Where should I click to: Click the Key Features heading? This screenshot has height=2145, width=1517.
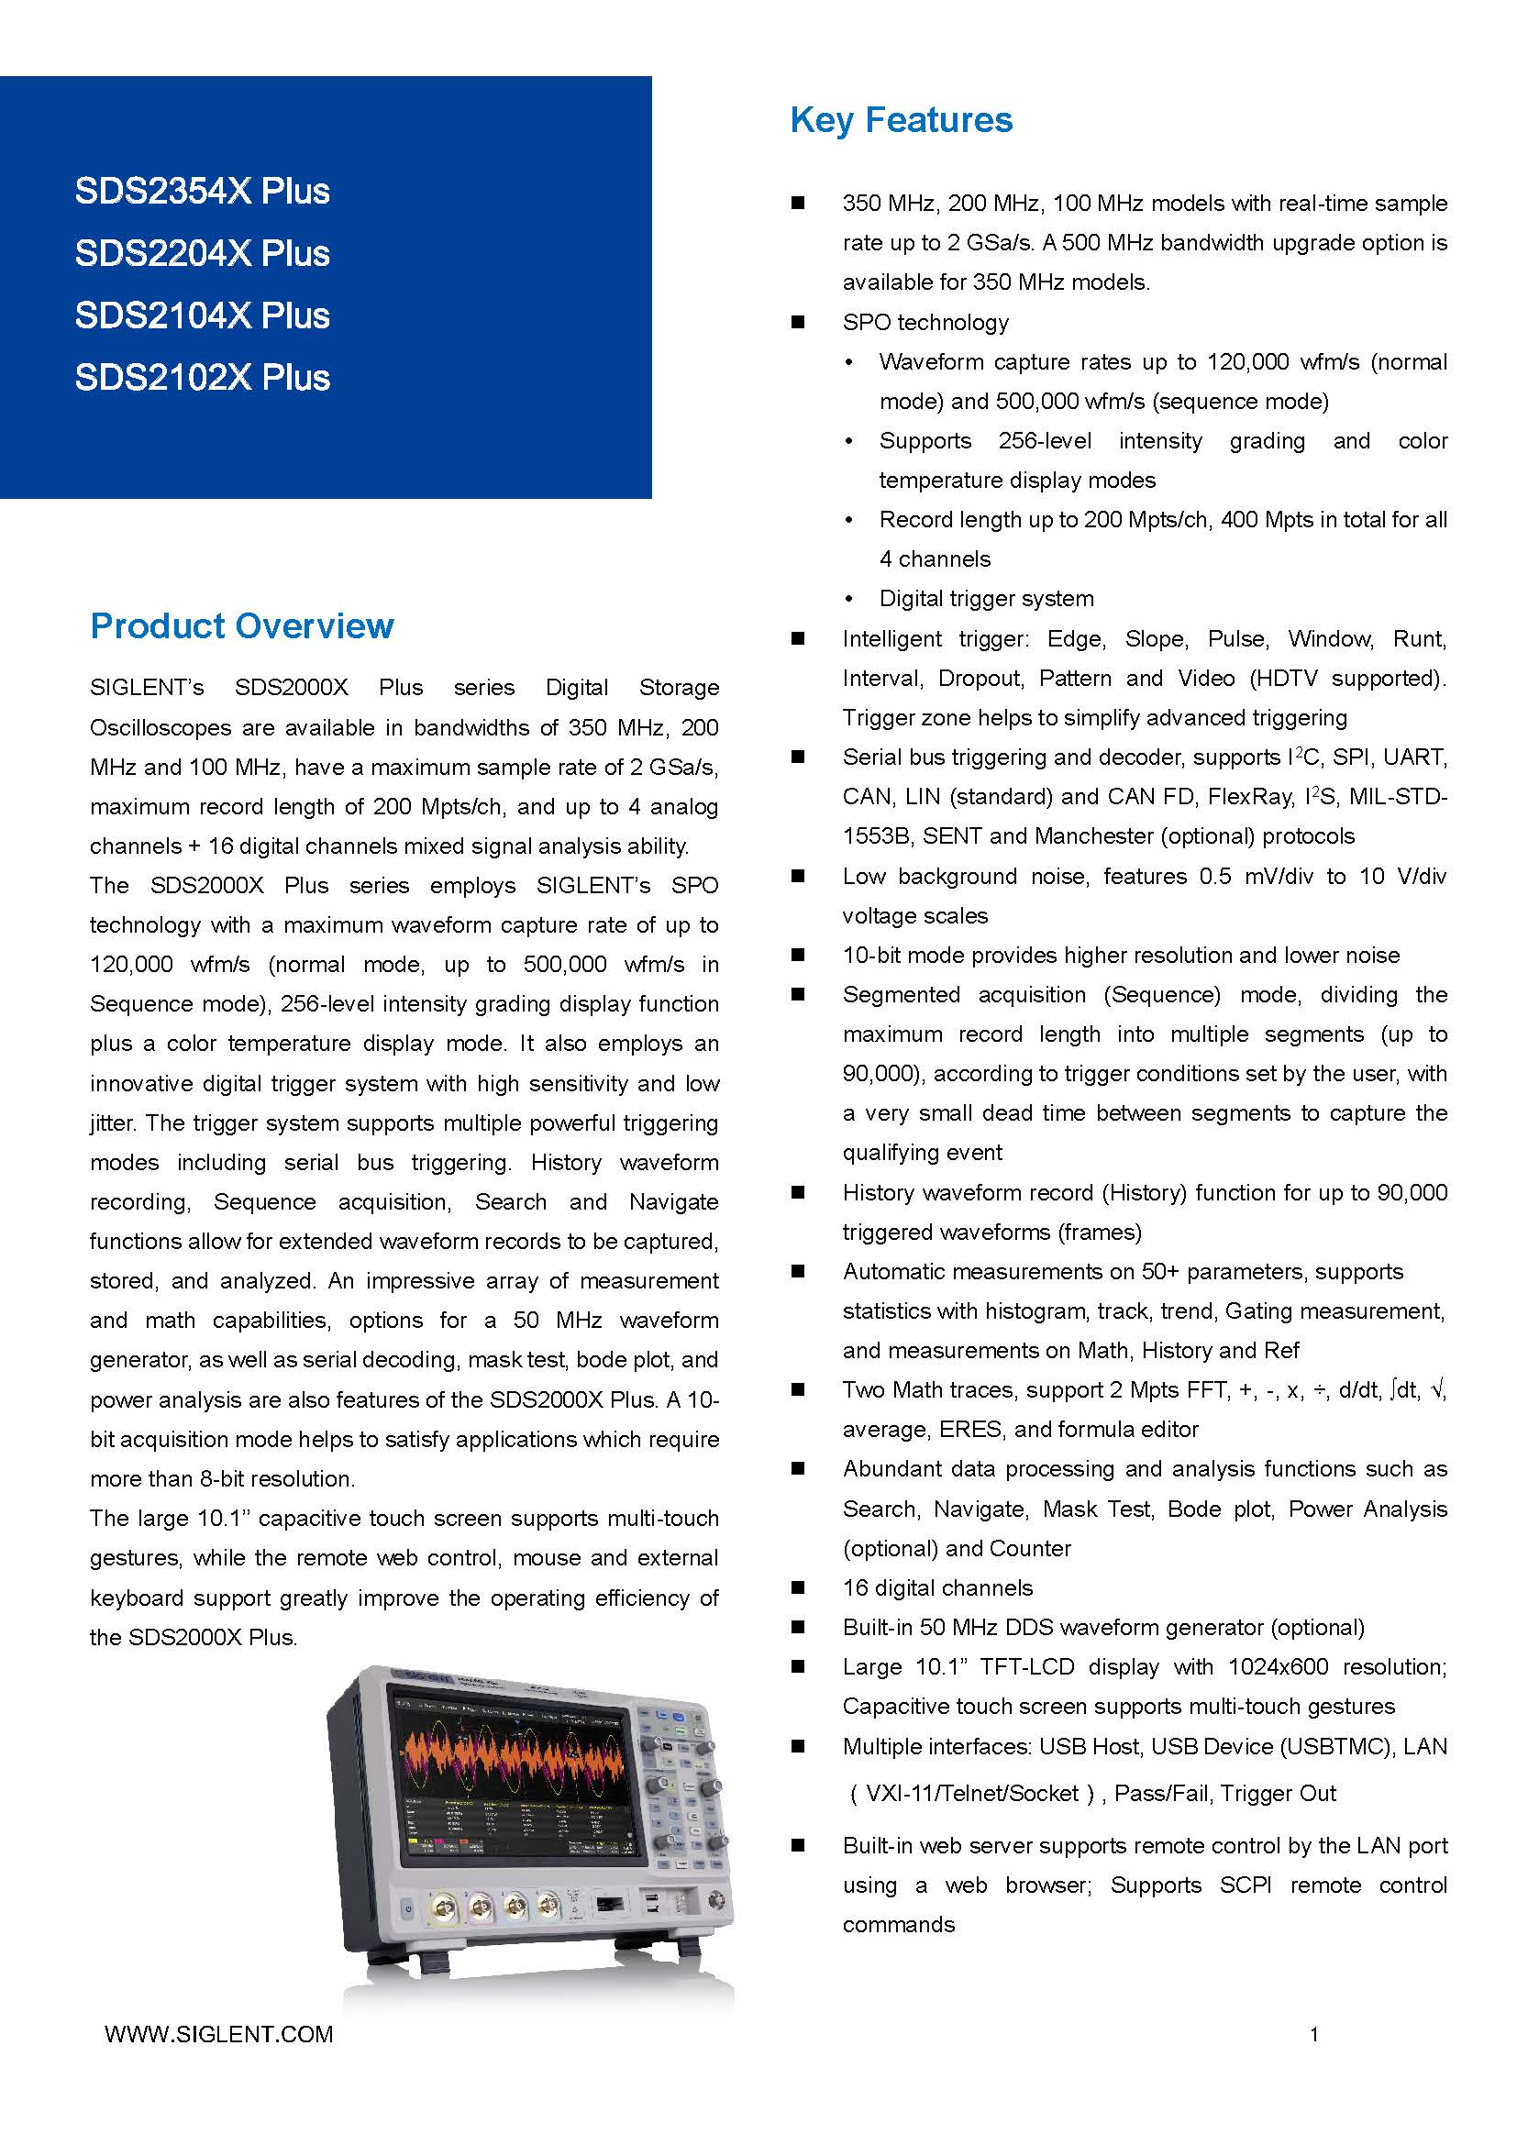tap(901, 120)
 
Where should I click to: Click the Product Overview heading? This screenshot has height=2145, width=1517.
tap(242, 626)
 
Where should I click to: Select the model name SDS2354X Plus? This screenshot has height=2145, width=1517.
tap(202, 191)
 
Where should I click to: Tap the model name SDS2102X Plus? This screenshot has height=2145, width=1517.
tap(202, 378)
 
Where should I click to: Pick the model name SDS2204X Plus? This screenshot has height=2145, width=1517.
tap(202, 253)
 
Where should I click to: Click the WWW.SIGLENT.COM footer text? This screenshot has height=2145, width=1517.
tap(218, 2034)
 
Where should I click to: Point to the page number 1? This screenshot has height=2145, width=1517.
tap(1314, 2034)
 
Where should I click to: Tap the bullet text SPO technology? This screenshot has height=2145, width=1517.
tap(925, 322)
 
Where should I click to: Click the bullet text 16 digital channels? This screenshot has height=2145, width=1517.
tap(937, 1587)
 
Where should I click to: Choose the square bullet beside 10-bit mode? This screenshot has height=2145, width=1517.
tap(798, 955)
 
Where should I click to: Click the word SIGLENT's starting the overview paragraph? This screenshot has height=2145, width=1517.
tap(147, 688)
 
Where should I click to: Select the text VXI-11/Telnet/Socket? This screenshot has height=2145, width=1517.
tap(971, 1793)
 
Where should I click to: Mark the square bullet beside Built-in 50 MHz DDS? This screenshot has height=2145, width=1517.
tap(798, 1627)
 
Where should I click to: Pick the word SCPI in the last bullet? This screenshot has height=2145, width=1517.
tap(1246, 1885)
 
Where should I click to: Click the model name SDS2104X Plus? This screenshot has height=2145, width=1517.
tap(202, 315)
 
